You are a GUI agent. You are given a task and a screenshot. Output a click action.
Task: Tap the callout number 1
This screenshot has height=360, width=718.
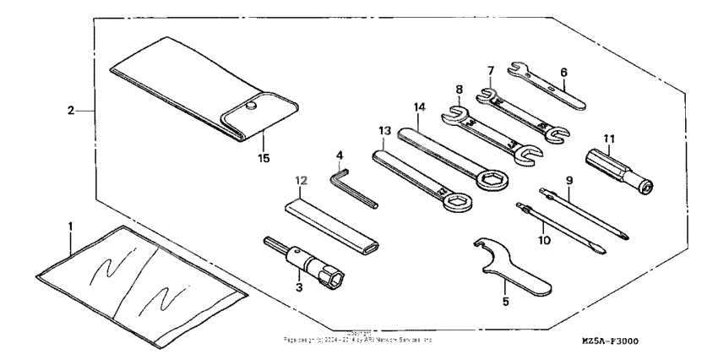tap(71, 226)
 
